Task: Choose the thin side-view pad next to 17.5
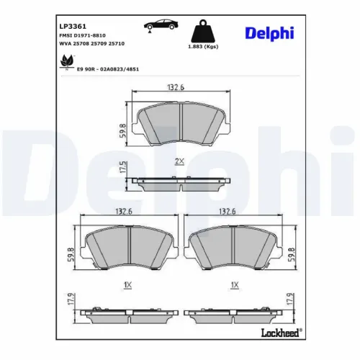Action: click(179, 184)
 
